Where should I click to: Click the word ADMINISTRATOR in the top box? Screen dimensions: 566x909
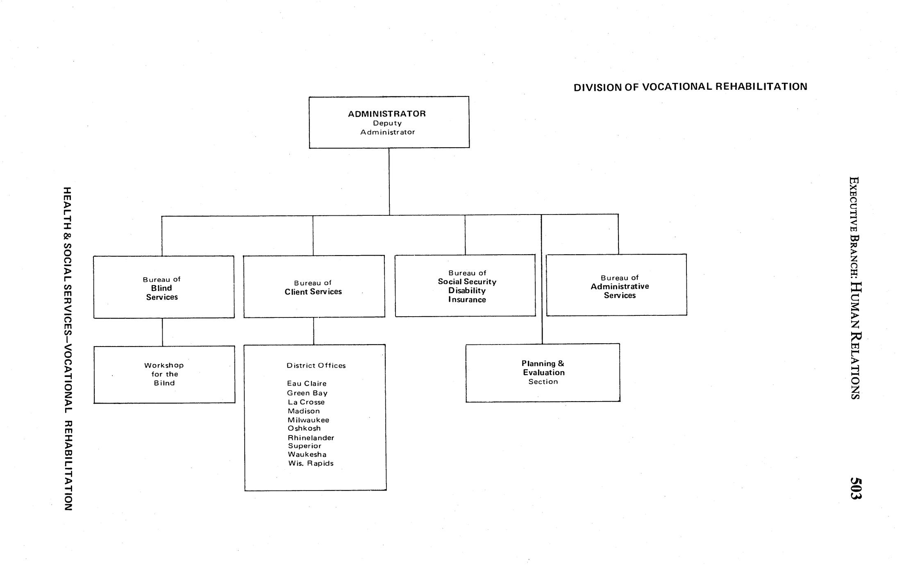387,114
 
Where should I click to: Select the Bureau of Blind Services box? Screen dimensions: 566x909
164,287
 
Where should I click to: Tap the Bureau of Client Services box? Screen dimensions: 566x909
314,287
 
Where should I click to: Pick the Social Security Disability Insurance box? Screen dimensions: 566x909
465,286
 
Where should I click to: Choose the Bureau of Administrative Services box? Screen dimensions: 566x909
616,285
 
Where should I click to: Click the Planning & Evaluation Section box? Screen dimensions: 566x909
543,372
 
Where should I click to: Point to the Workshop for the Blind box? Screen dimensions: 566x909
164,374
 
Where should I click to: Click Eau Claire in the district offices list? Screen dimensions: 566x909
307,383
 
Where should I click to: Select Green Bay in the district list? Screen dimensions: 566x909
307,393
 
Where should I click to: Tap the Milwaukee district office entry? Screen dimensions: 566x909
308,420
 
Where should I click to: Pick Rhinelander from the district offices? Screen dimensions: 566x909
311,438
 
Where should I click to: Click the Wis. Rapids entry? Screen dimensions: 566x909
311,463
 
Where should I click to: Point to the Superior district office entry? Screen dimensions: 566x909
305,446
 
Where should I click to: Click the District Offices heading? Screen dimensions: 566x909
316,365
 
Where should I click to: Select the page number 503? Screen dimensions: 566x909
856,488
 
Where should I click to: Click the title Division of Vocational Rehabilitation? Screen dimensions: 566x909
690,87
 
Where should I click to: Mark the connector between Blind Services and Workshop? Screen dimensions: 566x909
162,332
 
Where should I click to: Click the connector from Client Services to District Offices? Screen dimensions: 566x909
314,331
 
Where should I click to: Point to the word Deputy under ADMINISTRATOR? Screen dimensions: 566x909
387,123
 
